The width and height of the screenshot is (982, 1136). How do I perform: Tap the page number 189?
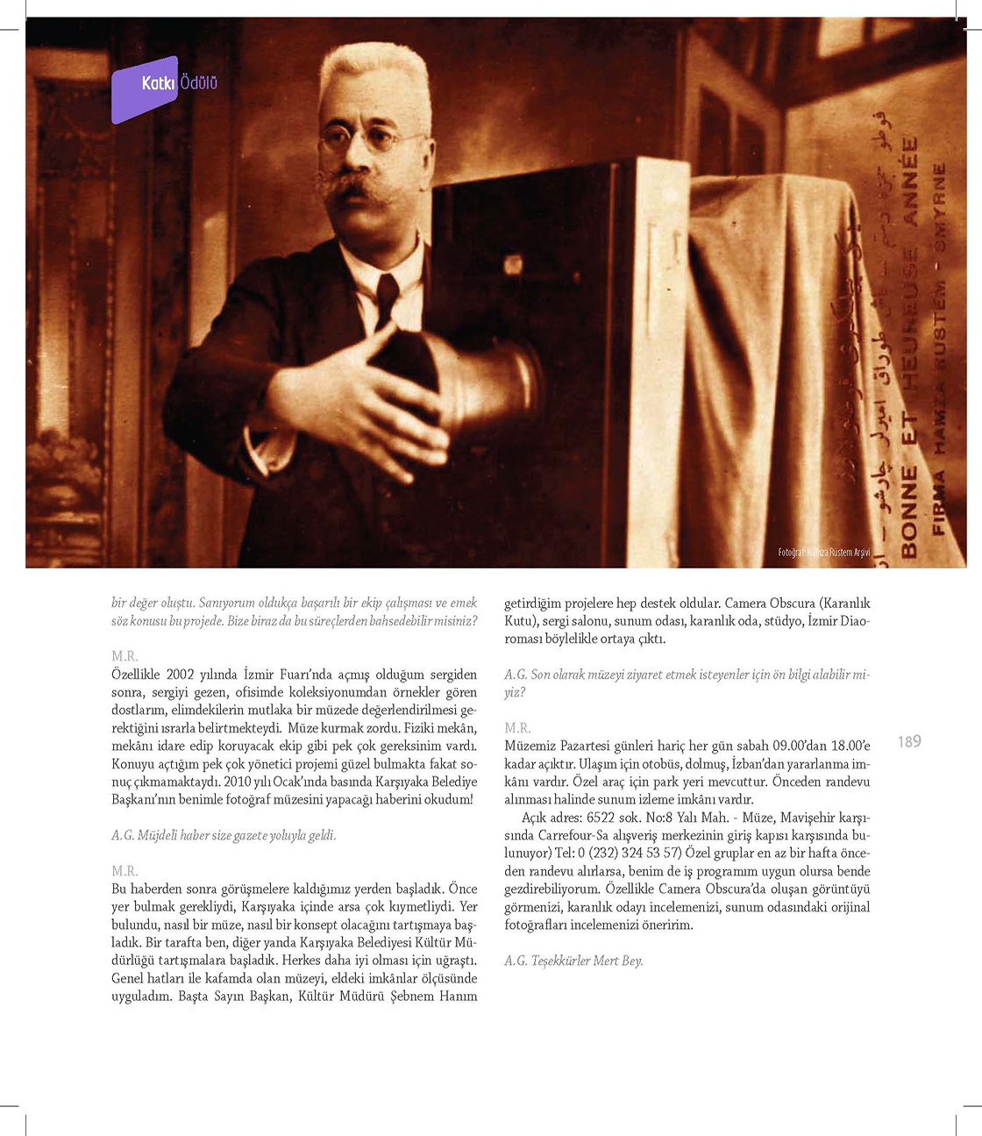pyautogui.click(x=909, y=742)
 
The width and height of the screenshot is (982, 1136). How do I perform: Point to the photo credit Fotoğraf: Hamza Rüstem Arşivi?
pyautogui.click(x=824, y=553)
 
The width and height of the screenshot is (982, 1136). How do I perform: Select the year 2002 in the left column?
pyautogui.click(x=180, y=675)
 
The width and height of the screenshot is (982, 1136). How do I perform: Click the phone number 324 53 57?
pyautogui.click(x=651, y=854)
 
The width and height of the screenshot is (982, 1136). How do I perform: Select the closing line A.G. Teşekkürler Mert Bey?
pyautogui.click(x=573, y=961)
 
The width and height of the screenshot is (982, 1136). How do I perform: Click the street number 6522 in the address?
pyautogui.click(x=601, y=818)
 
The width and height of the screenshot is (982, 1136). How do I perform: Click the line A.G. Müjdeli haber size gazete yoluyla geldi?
pyautogui.click(x=224, y=835)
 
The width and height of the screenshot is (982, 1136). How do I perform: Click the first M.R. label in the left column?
pyautogui.click(x=125, y=656)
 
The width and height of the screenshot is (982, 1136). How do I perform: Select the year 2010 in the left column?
pyautogui.click(x=238, y=782)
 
